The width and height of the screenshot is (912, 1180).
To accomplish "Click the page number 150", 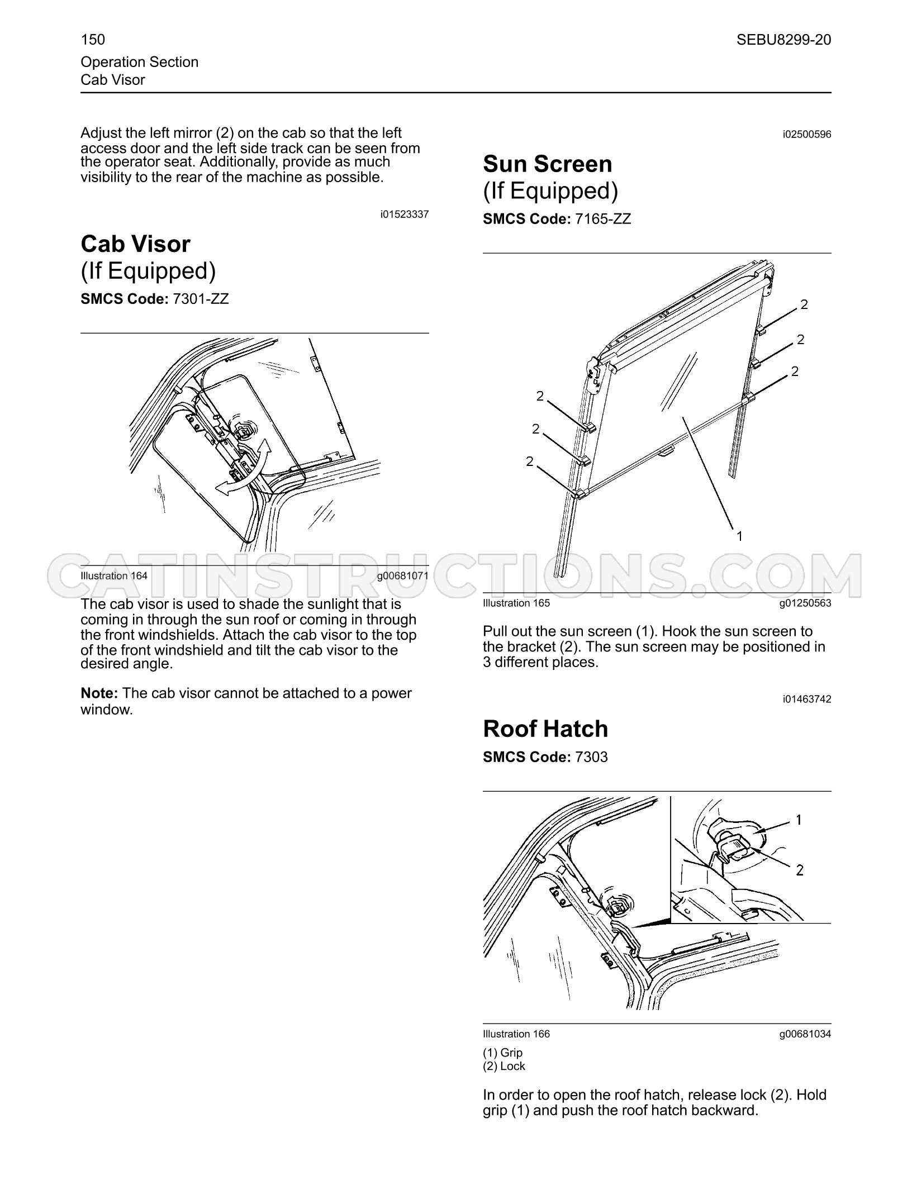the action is pos(93,40).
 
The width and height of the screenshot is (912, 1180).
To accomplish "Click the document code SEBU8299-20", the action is pos(783,40).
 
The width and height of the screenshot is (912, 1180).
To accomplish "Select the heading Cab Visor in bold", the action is pos(135,244).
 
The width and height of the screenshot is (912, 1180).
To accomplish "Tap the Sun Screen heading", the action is pos(547,164).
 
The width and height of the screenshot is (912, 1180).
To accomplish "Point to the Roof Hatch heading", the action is pos(545,729).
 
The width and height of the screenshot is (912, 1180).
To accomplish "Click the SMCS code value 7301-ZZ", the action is pos(201,299).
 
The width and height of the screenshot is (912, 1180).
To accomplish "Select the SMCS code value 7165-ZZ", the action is pos(603,219).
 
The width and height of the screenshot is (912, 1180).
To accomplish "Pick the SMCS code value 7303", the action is pos(591,757).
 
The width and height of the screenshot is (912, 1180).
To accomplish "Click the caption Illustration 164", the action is pos(114,576).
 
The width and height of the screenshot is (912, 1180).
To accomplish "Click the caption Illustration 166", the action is pos(516,1034).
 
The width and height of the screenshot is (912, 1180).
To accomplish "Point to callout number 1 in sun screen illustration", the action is pos(739,536).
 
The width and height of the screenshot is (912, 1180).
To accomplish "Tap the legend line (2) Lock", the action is pos(504,1066).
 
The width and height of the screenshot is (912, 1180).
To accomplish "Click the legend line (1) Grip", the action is pos(503,1053).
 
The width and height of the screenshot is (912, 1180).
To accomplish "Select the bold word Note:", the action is pos(99,693).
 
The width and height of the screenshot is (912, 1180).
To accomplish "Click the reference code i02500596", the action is pos(807,135).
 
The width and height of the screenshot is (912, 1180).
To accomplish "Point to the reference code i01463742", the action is pos(807,700).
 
